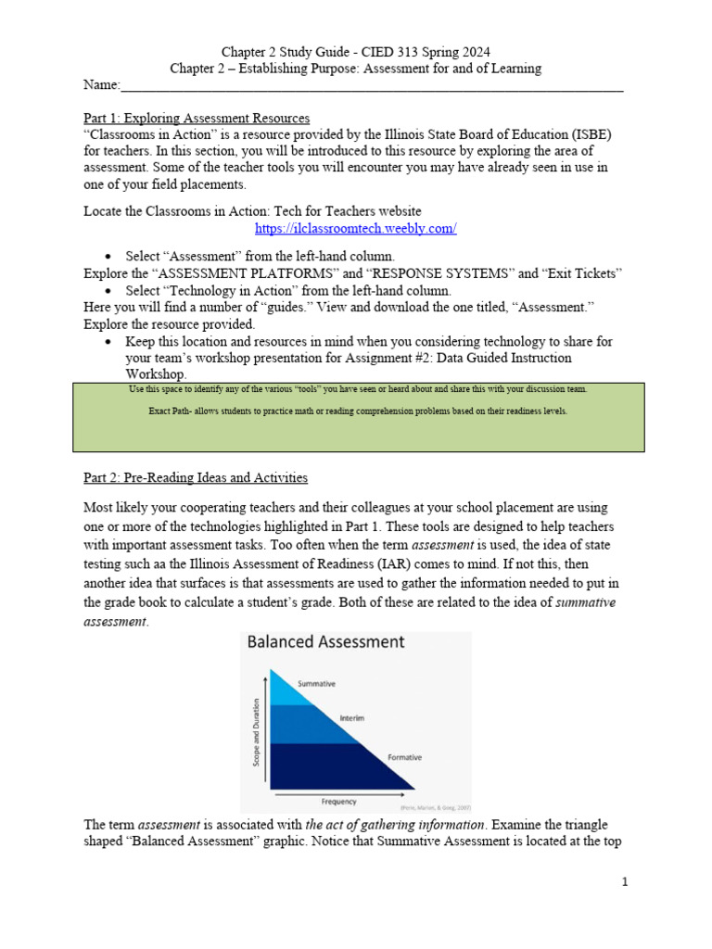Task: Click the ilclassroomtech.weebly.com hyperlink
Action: [x=356, y=228]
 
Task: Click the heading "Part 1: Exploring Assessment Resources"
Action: [x=197, y=118]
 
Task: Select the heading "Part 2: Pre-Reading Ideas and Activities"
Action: [x=196, y=477]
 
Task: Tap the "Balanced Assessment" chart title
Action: [x=324, y=641]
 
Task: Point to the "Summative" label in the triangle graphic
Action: [x=316, y=684]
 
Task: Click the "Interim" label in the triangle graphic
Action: [x=351, y=718]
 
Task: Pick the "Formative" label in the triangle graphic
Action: [x=404, y=757]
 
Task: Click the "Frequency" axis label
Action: [x=339, y=801]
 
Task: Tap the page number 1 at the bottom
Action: [x=626, y=882]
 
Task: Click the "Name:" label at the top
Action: [x=102, y=85]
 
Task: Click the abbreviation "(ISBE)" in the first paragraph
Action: [x=586, y=134]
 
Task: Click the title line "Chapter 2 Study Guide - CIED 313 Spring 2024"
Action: [x=356, y=51]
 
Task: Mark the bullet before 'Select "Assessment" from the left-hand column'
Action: [x=109, y=256]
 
